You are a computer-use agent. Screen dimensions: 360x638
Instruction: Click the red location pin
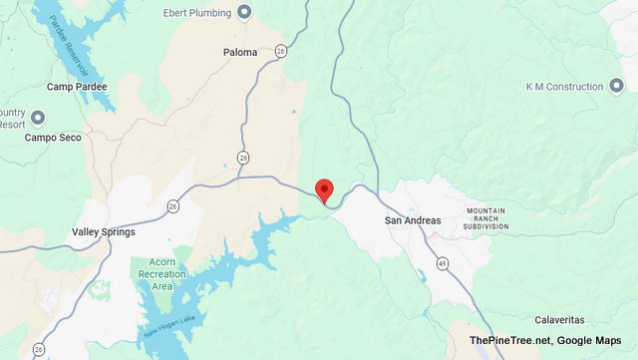click(323, 189)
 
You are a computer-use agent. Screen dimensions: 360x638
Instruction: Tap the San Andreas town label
click(412, 219)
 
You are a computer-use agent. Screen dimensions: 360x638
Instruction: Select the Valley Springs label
click(104, 231)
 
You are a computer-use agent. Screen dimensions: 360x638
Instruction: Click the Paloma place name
click(240, 52)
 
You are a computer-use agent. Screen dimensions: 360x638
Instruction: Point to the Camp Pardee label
click(77, 87)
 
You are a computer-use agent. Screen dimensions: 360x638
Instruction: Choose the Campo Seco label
click(56, 136)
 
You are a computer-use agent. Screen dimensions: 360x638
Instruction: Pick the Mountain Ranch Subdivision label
click(486, 218)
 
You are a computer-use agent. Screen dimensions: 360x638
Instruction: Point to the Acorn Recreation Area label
click(155, 276)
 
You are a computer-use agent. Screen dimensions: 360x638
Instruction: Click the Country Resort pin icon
click(39, 118)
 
